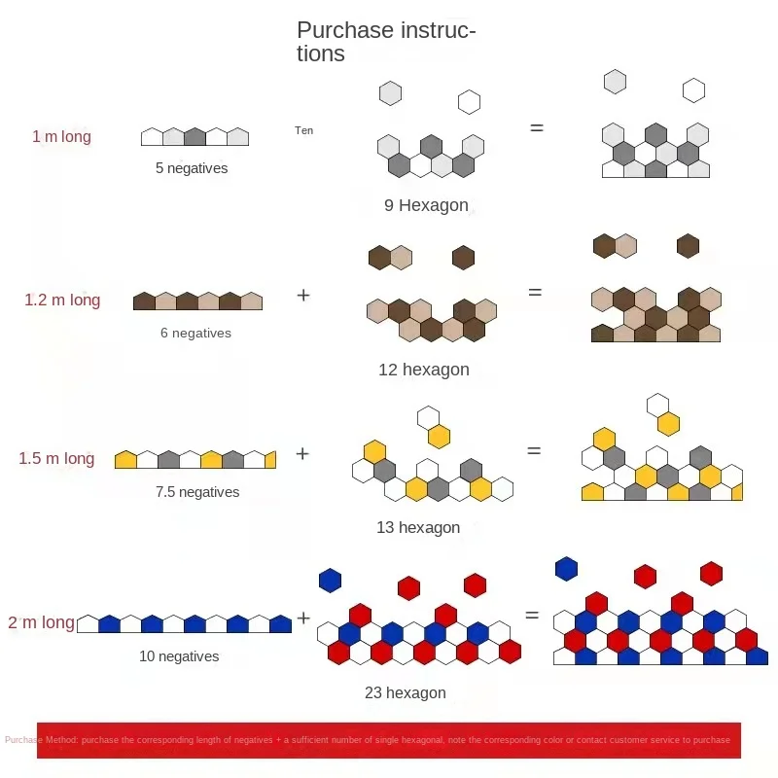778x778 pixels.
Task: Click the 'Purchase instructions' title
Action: tap(386, 42)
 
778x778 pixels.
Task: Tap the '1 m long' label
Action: tap(61, 136)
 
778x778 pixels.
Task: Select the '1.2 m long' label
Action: tap(62, 301)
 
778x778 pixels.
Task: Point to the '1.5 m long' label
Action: tap(56, 459)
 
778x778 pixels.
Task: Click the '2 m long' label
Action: tap(42, 622)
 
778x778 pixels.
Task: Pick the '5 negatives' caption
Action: tap(192, 168)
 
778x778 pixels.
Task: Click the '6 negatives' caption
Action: tap(195, 333)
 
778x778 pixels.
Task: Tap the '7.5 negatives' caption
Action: tap(197, 492)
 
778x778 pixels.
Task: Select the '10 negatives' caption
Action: tap(179, 656)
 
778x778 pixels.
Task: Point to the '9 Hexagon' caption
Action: tap(426, 205)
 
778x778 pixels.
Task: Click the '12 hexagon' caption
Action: tap(424, 370)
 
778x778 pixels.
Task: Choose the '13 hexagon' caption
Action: tap(418, 528)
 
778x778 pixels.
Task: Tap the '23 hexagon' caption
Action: tap(405, 693)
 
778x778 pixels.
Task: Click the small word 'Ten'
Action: tap(304, 130)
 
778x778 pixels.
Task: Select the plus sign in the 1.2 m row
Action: tap(303, 294)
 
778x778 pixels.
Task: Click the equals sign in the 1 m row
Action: tap(536, 127)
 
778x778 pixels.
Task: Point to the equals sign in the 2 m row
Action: tap(532, 615)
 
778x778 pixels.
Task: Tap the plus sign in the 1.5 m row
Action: tap(302, 453)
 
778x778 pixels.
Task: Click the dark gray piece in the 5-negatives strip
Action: tap(194, 137)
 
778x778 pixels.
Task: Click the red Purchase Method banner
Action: tap(389, 740)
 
